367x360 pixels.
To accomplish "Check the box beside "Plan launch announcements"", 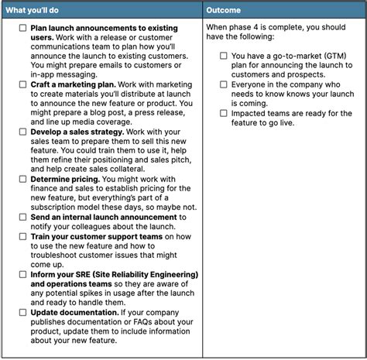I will [x=23, y=28].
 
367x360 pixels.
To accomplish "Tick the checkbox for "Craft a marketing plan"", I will [x=23, y=83].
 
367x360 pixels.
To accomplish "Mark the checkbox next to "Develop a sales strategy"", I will [x=23, y=132].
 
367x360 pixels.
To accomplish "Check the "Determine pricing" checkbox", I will [x=23, y=179].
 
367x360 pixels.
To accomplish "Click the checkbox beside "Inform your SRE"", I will [x=23, y=275].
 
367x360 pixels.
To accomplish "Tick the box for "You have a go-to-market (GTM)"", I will [x=223, y=56].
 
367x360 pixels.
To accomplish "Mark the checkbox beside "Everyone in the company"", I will [x=223, y=84].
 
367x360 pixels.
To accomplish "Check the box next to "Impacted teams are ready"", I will [x=223, y=114].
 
